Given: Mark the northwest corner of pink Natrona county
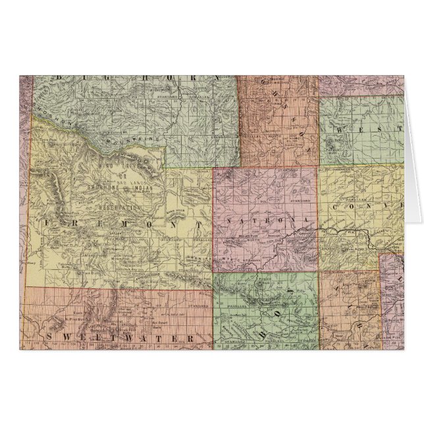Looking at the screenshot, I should (x=213, y=167).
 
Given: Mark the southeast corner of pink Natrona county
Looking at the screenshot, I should (x=319, y=272).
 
